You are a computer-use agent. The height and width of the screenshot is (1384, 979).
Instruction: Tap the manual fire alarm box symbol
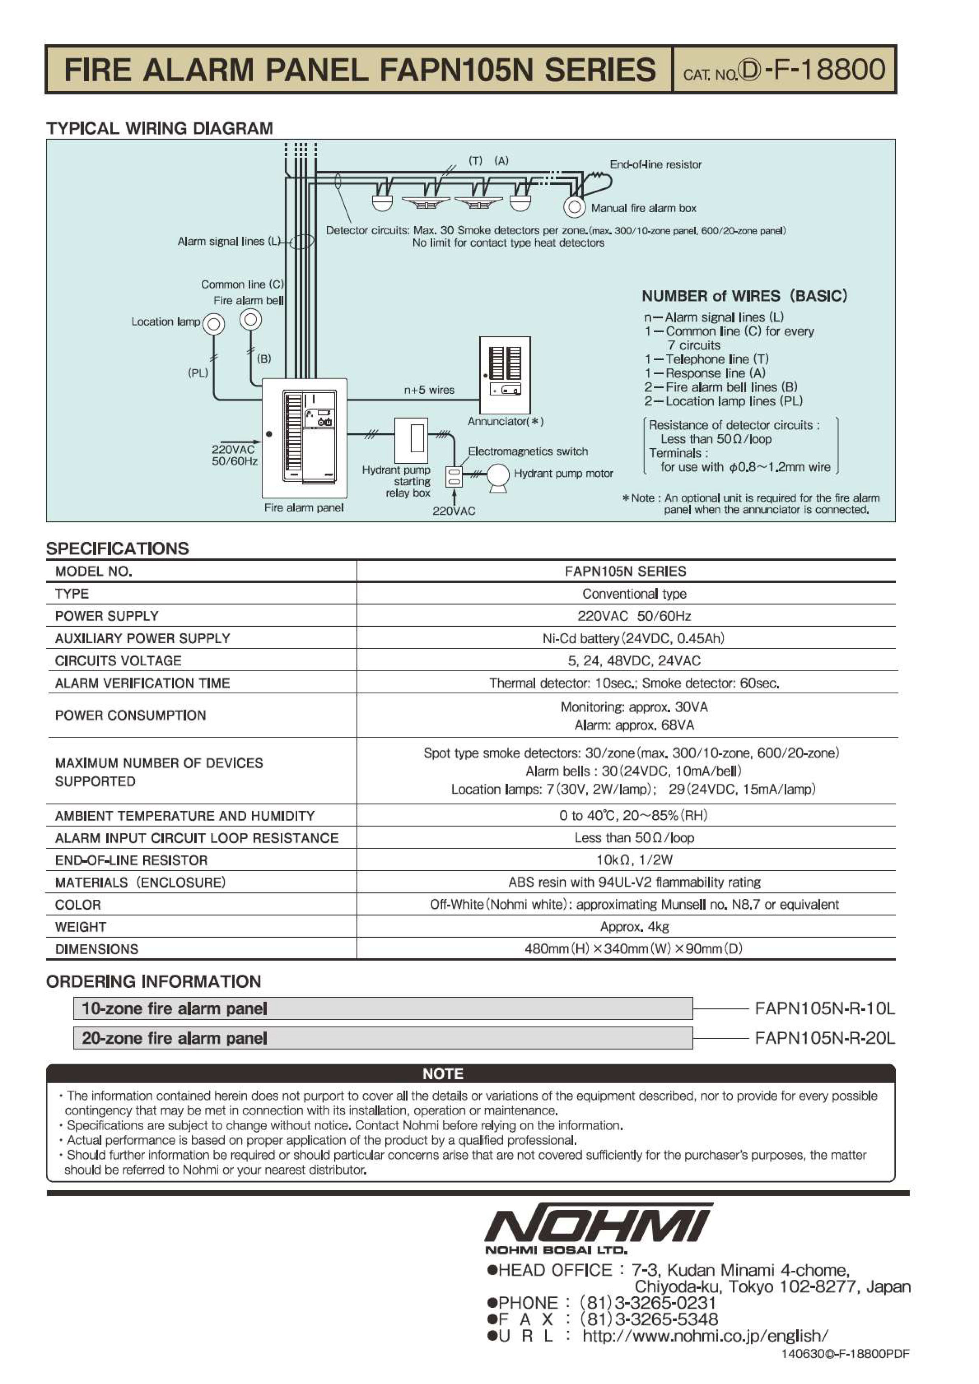coord(574,207)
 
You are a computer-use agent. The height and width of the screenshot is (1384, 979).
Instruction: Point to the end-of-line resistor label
coord(655,165)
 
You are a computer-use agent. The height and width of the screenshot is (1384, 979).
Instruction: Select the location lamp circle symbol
coord(214,324)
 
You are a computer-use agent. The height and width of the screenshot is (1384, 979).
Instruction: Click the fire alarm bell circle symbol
coord(250,320)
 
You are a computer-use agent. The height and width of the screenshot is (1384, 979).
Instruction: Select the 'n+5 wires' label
coord(429,390)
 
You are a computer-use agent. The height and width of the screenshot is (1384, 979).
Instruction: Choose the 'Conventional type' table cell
coord(634,594)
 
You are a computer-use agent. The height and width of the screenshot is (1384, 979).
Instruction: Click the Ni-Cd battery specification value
coord(633,639)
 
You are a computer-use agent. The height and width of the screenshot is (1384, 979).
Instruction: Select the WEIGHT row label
coord(81,927)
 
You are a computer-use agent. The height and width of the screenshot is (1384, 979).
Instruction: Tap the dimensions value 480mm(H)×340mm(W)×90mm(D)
coord(633,949)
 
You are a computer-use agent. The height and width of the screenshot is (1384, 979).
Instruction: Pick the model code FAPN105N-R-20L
coord(825,1038)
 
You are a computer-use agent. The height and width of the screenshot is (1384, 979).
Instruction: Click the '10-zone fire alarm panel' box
coord(383,1008)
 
